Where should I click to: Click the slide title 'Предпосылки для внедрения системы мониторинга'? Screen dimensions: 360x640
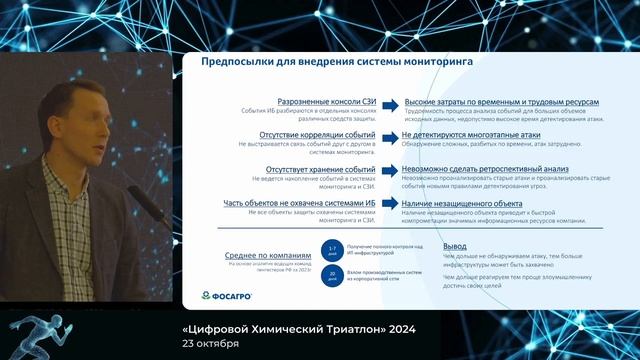point(337,62)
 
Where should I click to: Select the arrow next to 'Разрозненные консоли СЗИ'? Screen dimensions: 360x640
point(391,102)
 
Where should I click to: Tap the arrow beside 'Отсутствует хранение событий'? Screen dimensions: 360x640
point(391,170)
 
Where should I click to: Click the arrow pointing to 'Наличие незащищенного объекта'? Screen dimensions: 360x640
point(391,203)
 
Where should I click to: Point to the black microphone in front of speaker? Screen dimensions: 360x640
point(141,199)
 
